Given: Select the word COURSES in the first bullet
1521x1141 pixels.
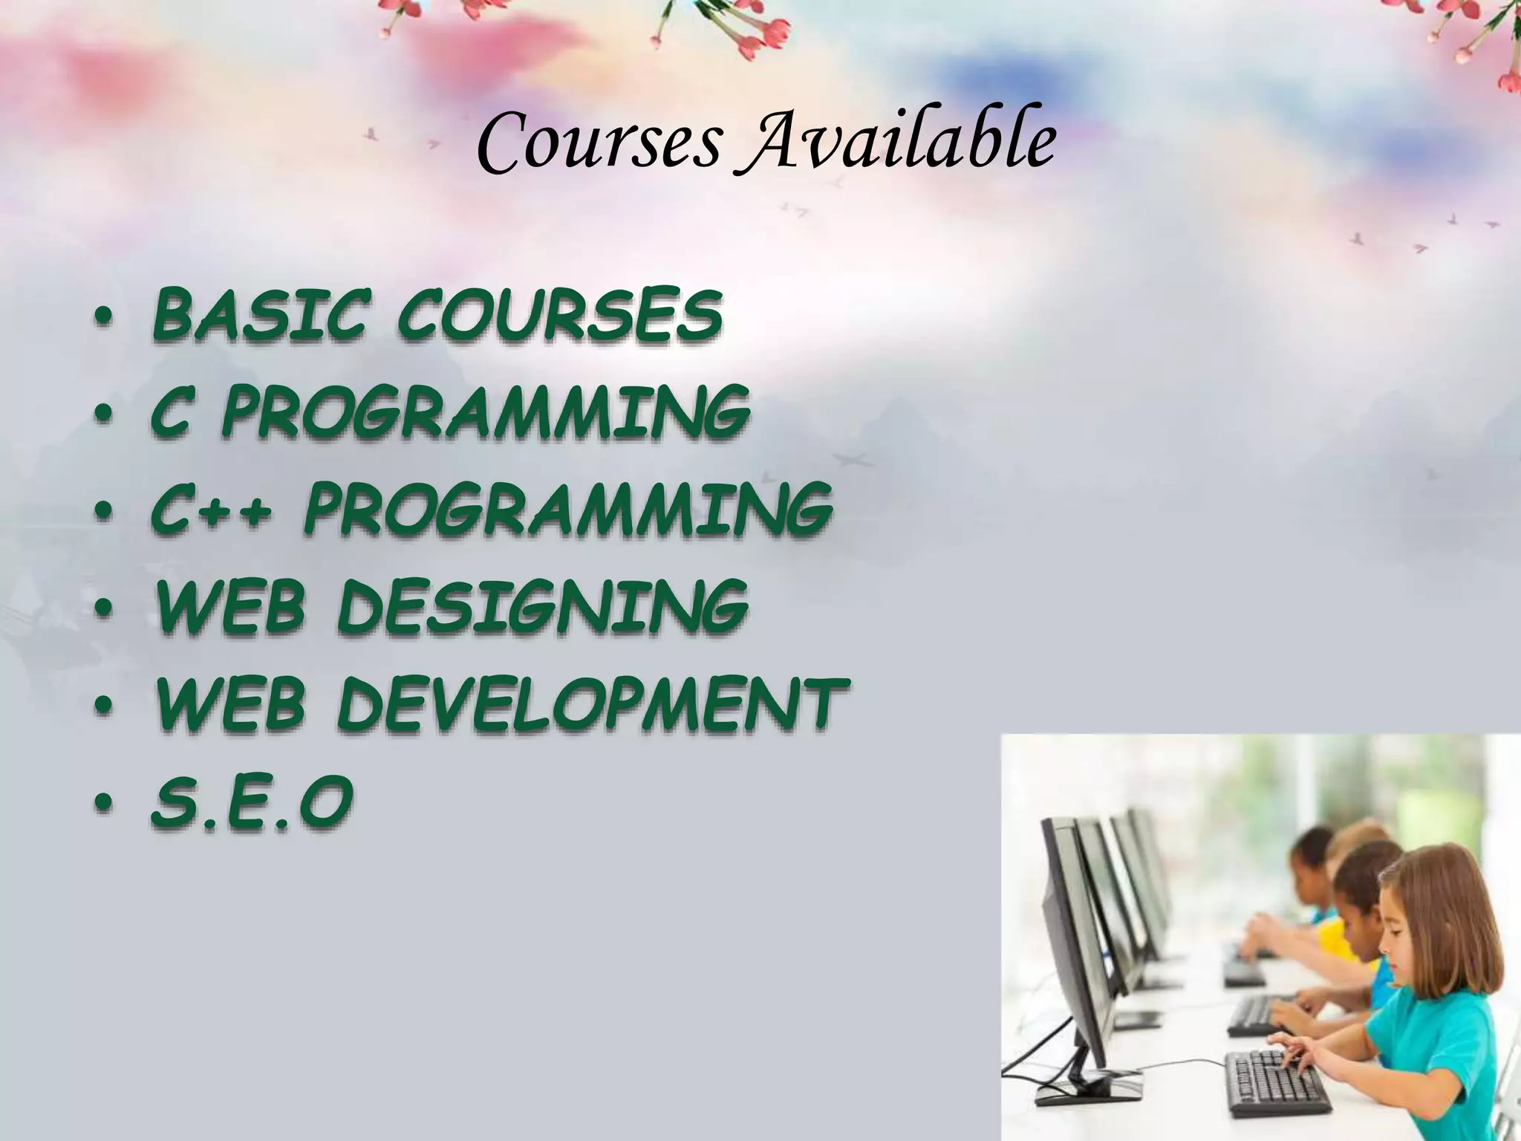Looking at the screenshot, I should click(559, 315).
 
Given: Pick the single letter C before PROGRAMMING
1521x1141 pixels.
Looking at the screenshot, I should click(169, 412).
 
